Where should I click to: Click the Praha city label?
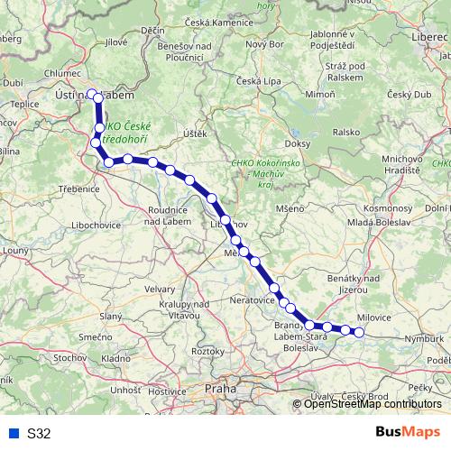click(220, 389)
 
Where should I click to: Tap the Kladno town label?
click(115, 358)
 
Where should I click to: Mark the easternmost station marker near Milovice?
click(359, 332)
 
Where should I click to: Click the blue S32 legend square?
click(14, 433)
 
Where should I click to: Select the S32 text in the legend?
click(39, 433)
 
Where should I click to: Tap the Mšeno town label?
click(290, 208)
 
